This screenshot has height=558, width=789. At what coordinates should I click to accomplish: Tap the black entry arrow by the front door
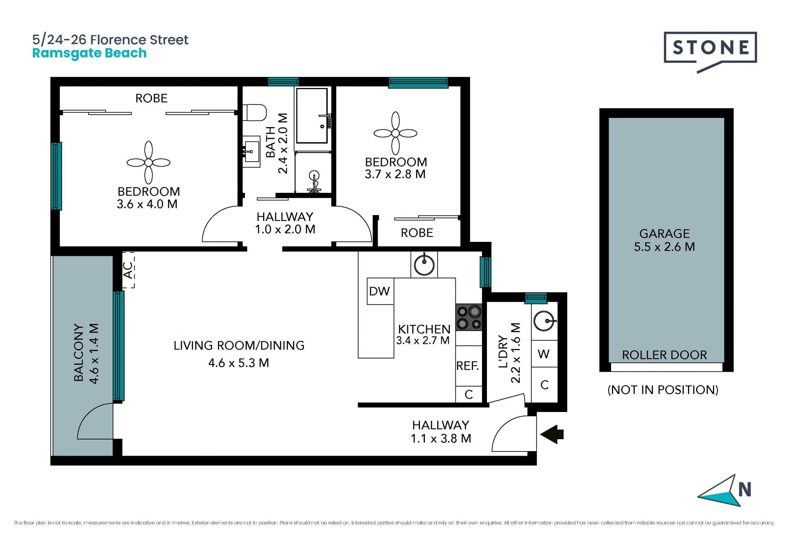552,434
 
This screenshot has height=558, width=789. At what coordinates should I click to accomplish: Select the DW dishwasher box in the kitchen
380,291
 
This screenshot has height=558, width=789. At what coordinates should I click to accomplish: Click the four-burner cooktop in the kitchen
469,317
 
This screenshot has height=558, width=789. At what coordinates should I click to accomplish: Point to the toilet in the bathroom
255,112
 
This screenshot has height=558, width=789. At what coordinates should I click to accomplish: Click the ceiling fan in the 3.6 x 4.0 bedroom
148,163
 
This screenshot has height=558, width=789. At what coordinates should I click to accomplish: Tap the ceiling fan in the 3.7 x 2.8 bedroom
395,133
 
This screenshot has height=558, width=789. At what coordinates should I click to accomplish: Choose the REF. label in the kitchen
468,366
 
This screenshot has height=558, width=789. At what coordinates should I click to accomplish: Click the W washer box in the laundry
544,354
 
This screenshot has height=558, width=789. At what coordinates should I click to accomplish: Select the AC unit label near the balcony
128,270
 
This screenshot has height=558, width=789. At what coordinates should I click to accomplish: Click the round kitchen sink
424,265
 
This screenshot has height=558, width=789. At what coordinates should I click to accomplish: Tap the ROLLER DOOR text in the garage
664,355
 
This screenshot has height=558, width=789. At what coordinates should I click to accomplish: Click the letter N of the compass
745,489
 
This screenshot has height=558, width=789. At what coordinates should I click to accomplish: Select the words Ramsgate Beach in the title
90,53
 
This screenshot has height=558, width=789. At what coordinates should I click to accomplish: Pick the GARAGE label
664,234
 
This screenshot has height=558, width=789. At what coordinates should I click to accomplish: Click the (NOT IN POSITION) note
663,389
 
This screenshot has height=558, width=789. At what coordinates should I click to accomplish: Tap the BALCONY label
78,352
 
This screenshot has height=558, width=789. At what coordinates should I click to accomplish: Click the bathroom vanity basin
251,152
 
